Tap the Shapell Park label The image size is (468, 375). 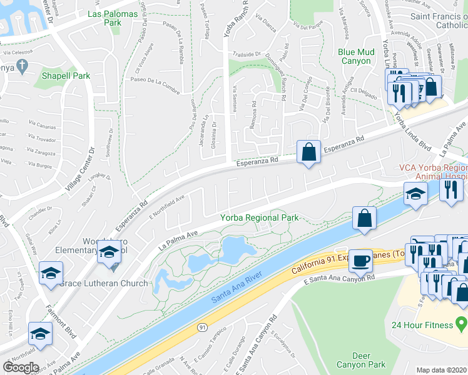[66, 76]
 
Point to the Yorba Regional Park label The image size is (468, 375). [259, 217]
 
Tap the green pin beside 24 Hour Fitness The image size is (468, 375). [462, 324]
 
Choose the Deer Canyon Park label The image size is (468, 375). [361, 360]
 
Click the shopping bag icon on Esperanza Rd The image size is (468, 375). [309, 152]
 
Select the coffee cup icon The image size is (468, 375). [360, 261]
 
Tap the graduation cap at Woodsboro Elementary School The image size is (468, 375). [109, 253]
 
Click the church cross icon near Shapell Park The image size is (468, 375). [22, 65]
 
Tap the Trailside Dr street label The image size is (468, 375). [247, 54]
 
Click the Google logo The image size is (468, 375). [21, 367]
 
